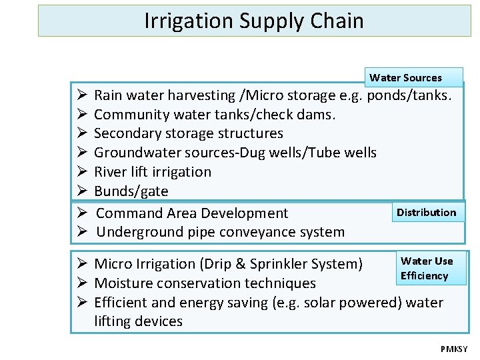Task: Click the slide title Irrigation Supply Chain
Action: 254,21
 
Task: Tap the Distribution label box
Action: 427,213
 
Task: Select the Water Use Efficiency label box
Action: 426,268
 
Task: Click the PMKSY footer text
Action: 454,349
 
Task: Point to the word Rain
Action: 109,95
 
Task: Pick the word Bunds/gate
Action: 131,191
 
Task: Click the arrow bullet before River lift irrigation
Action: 79,172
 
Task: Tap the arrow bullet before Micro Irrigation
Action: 79,264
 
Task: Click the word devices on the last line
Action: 159,321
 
